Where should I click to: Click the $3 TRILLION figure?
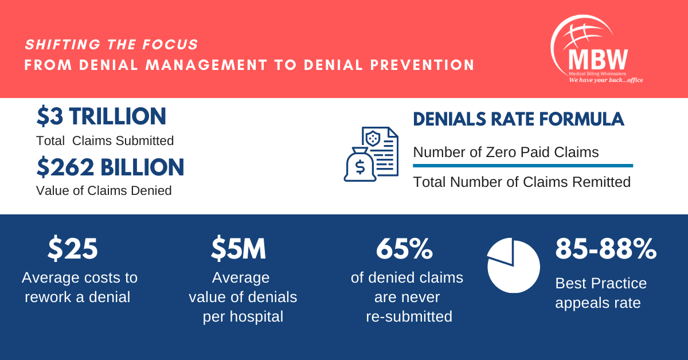coord(101,116)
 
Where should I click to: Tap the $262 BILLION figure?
coord(110,167)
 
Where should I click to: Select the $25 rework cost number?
coord(73,248)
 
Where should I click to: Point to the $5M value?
coord(239,248)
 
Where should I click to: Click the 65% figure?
coord(405,248)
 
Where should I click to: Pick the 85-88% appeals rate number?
coord(606,248)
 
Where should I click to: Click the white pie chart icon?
coord(514,265)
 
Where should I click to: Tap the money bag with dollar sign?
coord(359,165)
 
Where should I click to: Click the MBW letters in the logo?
coord(598,59)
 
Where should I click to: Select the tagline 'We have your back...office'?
coord(605,80)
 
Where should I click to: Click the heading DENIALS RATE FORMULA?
coord(518,119)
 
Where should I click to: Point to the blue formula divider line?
coord(523,166)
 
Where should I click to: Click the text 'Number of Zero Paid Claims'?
coord(506,152)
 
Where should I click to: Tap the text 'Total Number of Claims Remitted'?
coord(522,182)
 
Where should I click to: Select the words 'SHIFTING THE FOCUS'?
coord(111,45)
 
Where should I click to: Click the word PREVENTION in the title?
coord(423,65)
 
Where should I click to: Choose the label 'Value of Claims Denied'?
coord(104,190)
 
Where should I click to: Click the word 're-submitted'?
coord(409,316)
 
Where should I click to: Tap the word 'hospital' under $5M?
coord(256,316)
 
